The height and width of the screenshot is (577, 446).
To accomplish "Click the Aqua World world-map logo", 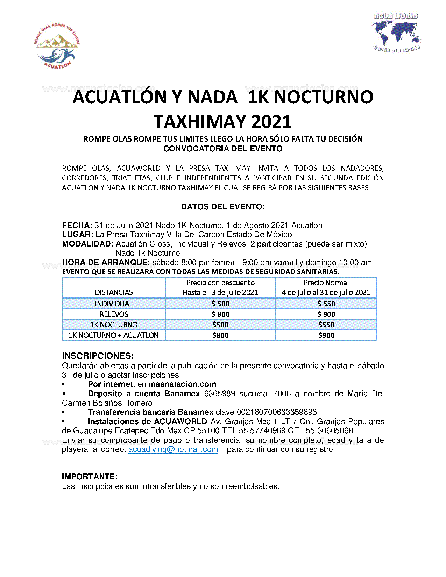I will click(x=396, y=33).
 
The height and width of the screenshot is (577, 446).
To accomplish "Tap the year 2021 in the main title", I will click(x=271, y=122).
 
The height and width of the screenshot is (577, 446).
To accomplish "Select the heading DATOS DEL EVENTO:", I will click(x=223, y=207).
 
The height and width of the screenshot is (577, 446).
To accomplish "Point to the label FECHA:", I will click(x=77, y=225).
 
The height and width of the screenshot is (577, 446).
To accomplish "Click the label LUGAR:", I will click(x=77, y=234).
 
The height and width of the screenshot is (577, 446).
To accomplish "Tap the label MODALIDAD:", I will click(x=87, y=244).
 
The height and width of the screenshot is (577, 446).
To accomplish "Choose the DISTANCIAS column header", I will click(x=114, y=292).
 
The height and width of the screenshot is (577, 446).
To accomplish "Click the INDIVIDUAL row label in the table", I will click(x=114, y=304).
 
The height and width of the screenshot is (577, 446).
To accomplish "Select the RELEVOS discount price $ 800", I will click(x=220, y=314).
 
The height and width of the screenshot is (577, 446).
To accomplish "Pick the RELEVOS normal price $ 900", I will click(x=326, y=314).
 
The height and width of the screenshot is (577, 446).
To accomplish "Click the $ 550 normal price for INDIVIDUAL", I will click(x=326, y=304).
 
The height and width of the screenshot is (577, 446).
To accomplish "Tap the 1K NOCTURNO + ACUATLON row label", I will click(x=114, y=335).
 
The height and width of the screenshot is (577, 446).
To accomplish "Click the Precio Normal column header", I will click(x=326, y=283).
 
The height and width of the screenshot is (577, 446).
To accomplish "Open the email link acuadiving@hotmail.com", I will click(x=173, y=449).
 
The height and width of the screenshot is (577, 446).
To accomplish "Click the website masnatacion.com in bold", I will click(x=182, y=384).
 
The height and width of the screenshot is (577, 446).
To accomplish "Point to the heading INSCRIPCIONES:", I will click(x=98, y=356).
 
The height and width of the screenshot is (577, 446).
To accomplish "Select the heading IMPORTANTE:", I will click(x=90, y=477).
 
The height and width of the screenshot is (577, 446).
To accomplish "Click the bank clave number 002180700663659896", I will click(x=277, y=412).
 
